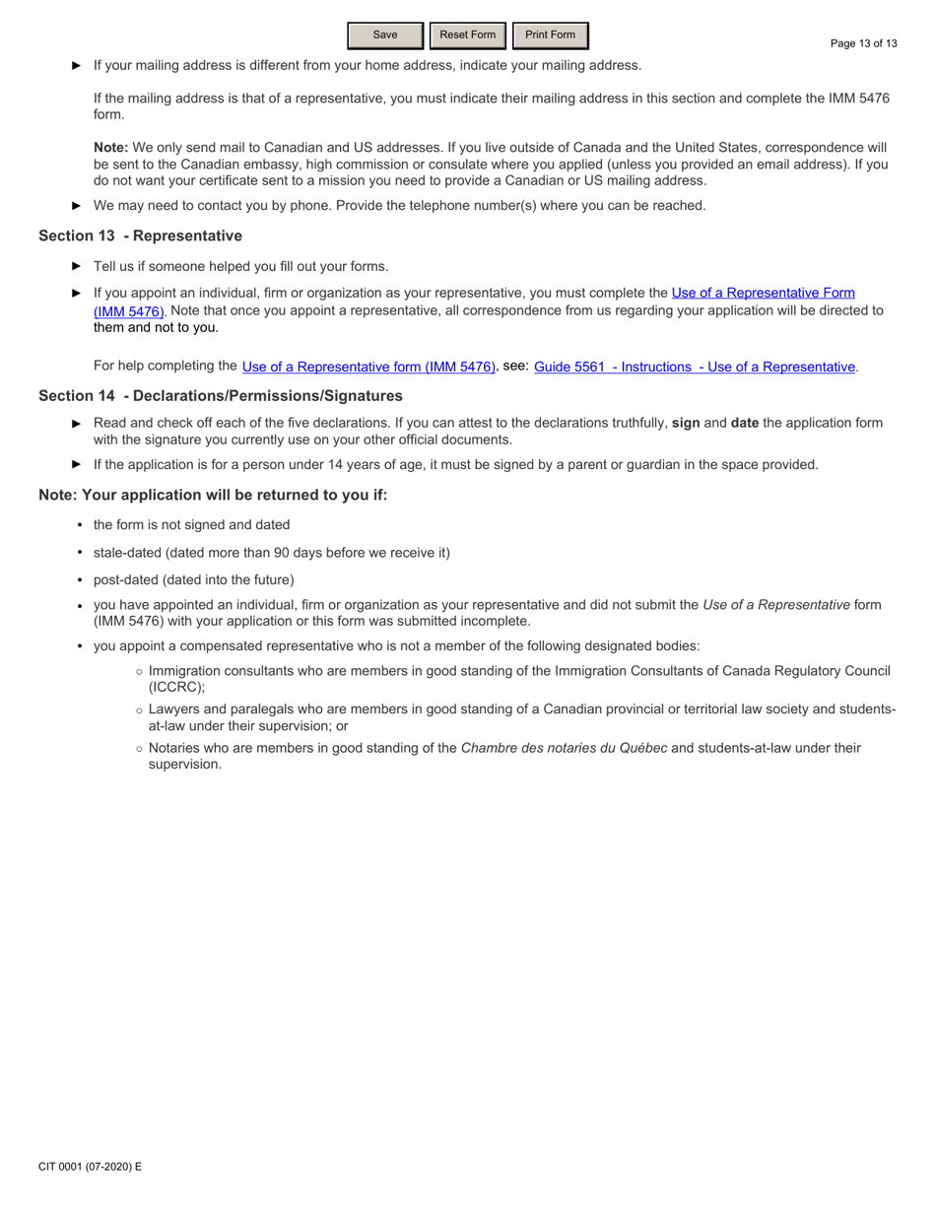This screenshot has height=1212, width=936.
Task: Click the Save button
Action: point(385,35)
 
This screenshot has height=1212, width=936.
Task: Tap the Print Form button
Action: point(550,35)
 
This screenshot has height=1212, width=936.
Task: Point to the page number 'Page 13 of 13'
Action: point(864,43)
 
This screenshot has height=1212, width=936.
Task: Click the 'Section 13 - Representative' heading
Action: point(140,236)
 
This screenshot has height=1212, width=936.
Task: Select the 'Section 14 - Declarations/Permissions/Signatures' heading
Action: point(221,396)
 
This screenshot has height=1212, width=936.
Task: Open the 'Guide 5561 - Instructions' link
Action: point(695,367)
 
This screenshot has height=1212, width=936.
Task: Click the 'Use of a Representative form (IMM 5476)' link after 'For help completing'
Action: point(368,367)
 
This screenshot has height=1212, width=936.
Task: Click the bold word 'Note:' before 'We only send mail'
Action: point(110,147)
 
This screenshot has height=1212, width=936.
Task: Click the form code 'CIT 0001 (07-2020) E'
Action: point(91,1167)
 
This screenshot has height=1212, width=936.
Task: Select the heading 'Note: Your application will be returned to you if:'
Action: point(213,495)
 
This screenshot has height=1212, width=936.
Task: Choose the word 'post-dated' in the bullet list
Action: point(125,580)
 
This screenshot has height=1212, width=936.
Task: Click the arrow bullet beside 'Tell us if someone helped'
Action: point(77,266)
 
